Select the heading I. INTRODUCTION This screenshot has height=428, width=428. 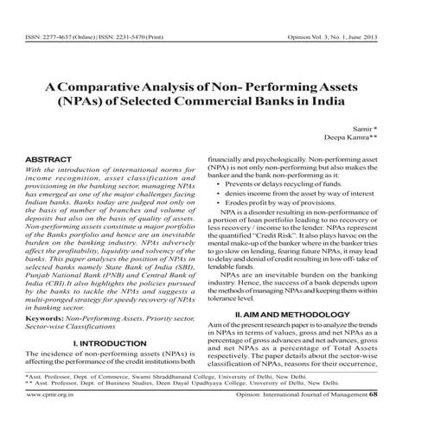point(109,343)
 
